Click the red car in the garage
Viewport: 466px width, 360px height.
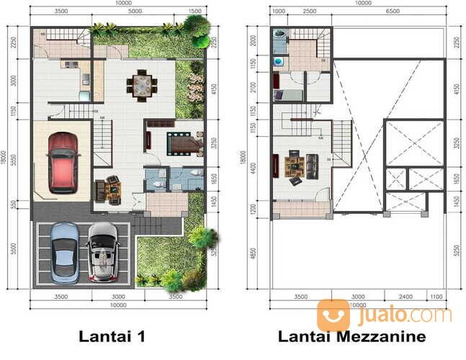click(x=63, y=162)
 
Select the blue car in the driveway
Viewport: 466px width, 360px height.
click(x=65, y=251)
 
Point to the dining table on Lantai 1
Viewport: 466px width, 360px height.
click(x=142, y=85)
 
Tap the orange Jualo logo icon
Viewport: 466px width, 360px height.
click(x=333, y=315)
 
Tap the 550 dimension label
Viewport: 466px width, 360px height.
click(x=13, y=205)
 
